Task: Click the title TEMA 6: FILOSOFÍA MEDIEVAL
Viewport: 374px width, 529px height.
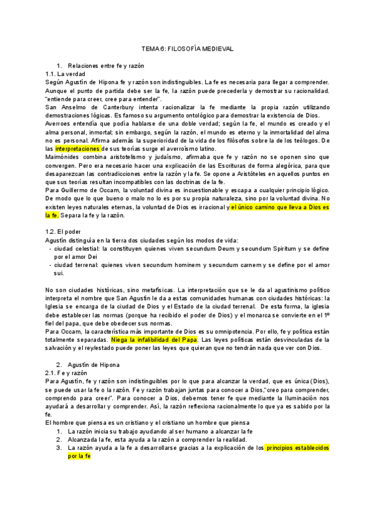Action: coord(186,47)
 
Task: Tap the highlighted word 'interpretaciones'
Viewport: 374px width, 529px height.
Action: coord(77,149)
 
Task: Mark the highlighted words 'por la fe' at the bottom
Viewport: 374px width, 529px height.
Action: coord(79,456)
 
